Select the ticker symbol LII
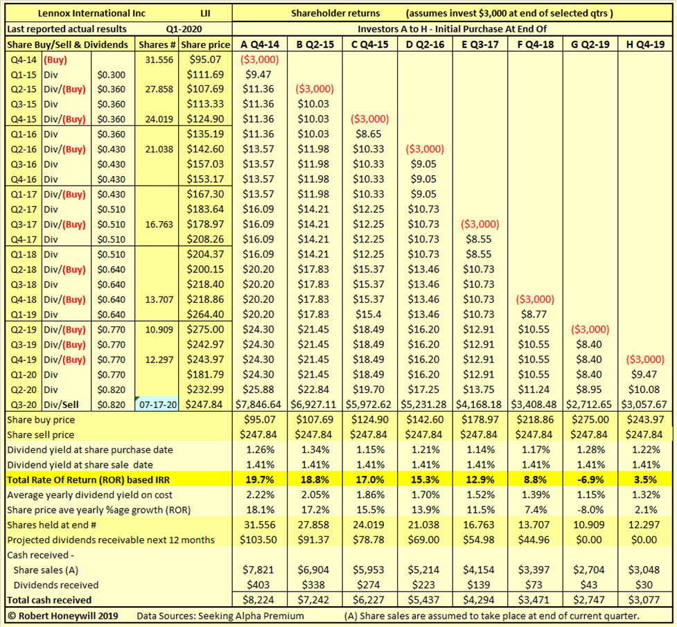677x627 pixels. pos(205,13)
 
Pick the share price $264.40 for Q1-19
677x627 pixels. pos(206,314)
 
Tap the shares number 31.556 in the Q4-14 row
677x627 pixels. pos(157,60)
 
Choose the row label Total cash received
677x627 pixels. pos(49,599)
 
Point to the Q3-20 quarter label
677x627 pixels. pos(24,404)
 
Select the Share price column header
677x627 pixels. pos(206,44)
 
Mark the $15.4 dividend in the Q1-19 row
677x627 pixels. pos(373,314)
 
